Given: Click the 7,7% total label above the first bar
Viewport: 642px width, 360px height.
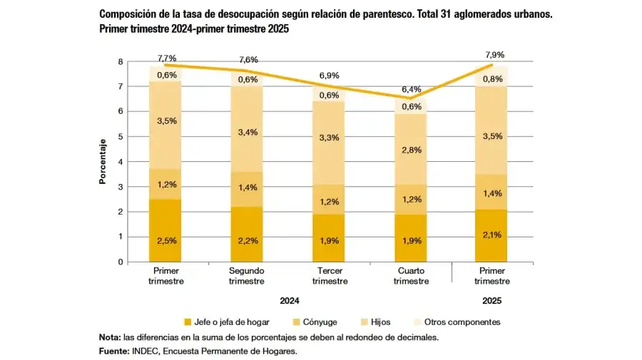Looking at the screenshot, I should click(167, 58).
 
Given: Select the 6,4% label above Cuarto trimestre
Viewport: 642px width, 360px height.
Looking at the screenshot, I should click(411, 89).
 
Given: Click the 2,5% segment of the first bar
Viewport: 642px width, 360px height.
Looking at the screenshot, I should click(167, 240).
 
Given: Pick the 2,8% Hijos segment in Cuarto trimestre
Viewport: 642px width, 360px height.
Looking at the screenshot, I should click(411, 150).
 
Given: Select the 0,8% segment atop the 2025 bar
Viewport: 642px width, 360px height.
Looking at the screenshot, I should click(492, 78).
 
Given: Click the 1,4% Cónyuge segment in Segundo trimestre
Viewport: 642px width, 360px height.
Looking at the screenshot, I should click(248, 187).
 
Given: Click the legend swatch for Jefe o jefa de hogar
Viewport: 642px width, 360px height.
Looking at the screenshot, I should click(188, 322).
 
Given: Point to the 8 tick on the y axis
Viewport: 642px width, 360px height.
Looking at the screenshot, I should click(121, 61).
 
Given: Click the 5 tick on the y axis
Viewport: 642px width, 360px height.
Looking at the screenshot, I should click(121, 137).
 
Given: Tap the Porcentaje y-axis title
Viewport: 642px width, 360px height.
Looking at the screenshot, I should click(103, 162).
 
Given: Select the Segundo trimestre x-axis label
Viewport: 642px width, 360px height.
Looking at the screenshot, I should click(248, 276).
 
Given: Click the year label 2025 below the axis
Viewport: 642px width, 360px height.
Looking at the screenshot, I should click(492, 301).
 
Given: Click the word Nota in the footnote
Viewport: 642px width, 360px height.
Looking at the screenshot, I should click(109, 337).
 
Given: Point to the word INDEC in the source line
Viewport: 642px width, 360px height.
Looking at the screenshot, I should click(145, 351).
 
